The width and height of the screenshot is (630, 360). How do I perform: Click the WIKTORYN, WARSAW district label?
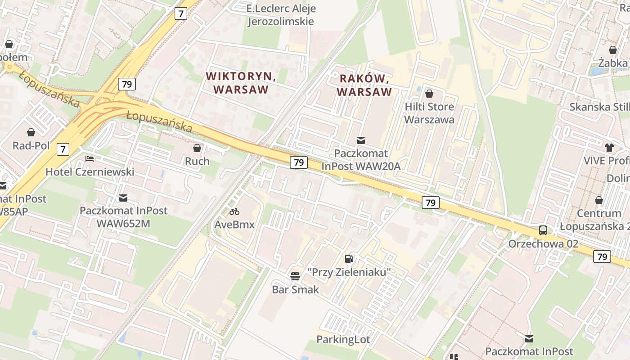click(241, 83)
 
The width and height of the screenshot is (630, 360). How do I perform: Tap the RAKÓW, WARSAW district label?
click(364, 85)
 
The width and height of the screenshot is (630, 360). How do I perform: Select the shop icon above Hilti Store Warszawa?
click(429, 94)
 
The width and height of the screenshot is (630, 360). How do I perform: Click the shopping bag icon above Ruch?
click(197, 148)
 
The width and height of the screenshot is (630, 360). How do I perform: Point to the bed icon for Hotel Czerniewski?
click(90, 159)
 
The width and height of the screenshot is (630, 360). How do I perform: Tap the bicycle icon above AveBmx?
click(234, 211)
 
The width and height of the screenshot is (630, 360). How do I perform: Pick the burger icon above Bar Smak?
click(295, 276)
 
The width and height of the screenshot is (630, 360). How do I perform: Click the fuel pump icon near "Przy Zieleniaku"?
click(349, 259)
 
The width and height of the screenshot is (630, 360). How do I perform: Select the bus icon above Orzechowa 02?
click(543, 230)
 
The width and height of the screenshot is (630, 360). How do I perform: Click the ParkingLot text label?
click(343, 339)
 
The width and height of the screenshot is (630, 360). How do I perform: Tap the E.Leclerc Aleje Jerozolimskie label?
click(282, 15)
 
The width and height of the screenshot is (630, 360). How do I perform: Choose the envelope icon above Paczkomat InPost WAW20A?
click(361, 140)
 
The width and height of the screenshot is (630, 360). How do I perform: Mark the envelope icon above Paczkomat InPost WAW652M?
click(123, 198)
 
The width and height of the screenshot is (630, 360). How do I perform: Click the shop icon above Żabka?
click(612, 50)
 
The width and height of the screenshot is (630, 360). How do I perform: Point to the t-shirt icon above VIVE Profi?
click(609, 148)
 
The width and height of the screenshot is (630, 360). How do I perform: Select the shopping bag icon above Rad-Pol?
click(31, 132)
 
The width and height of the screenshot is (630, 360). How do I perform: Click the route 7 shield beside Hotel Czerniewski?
click(63, 149)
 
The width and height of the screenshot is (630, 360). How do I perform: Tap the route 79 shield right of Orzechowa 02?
click(602, 256)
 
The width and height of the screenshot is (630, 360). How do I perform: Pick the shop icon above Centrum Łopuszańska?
click(599, 200)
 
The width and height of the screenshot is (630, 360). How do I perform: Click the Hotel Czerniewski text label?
click(90, 171)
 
